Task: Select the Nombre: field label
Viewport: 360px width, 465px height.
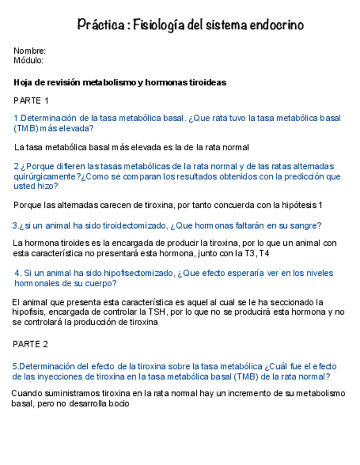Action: pyautogui.click(x=30, y=51)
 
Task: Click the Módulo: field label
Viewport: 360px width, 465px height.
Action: pyautogui.click(x=29, y=60)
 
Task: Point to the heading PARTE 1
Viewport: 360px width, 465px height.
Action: pyautogui.click(x=31, y=101)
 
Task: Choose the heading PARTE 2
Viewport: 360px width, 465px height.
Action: pyautogui.click(x=31, y=344)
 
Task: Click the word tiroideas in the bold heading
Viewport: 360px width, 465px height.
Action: pyautogui.click(x=208, y=83)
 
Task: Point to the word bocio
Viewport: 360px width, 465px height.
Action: pyautogui.click(x=118, y=404)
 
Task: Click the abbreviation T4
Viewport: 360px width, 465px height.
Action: pyautogui.click(x=264, y=253)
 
